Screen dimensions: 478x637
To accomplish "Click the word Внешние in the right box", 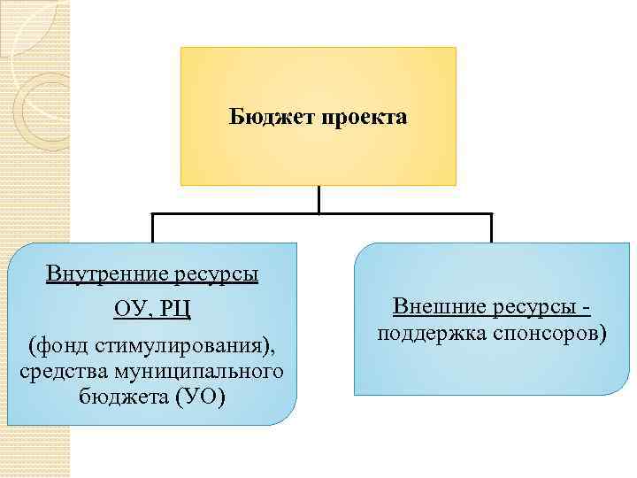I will [x=434, y=307].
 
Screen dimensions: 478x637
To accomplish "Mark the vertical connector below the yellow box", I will [x=318, y=199].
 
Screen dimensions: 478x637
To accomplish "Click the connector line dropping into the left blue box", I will [x=153, y=228].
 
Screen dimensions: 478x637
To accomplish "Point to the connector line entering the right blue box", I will [x=491, y=228].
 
